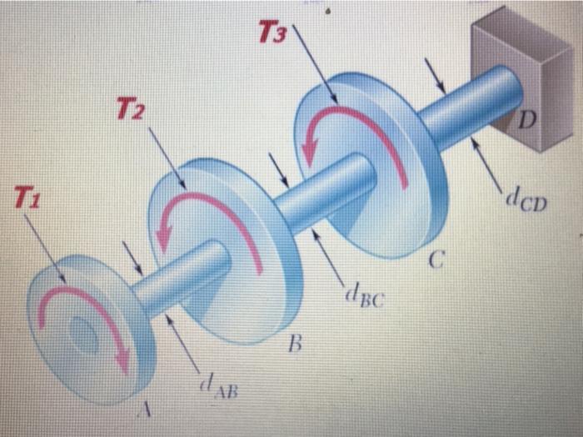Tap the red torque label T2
click(132, 108)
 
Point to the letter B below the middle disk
click(293, 342)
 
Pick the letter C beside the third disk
click(434, 264)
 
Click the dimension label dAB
click(215, 386)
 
